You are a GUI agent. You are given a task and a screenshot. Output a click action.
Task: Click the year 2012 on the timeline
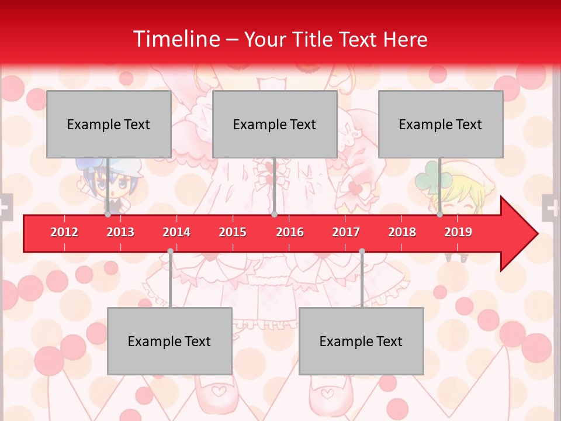[64, 232]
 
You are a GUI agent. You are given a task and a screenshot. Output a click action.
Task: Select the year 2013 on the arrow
[120, 232]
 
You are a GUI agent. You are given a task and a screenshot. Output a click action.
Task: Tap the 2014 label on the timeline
[176, 232]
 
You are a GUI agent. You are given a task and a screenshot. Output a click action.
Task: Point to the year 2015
[233, 232]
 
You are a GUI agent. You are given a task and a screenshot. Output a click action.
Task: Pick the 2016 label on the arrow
[290, 232]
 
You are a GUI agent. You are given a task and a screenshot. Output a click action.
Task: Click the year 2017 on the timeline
[346, 232]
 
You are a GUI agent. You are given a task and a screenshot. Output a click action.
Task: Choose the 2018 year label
[402, 232]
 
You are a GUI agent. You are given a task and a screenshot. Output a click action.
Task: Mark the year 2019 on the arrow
[458, 232]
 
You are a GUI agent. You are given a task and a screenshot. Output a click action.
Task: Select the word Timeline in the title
[175, 39]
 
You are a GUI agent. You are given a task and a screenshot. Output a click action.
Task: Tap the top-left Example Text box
[109, 124]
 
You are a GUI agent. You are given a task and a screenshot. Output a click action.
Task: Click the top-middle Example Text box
[275, 124]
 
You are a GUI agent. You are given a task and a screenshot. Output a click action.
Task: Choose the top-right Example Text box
[441, 124]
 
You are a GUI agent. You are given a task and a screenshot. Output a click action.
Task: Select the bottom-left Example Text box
[169, 341]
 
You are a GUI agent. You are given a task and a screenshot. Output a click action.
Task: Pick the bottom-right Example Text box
[361, 341]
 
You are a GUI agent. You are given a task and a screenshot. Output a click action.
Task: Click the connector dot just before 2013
[108, 215]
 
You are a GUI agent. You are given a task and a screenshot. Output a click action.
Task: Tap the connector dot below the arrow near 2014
[170, 251]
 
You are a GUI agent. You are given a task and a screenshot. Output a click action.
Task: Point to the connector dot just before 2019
[440, 215]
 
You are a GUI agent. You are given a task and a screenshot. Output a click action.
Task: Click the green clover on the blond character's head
[431, 171]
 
